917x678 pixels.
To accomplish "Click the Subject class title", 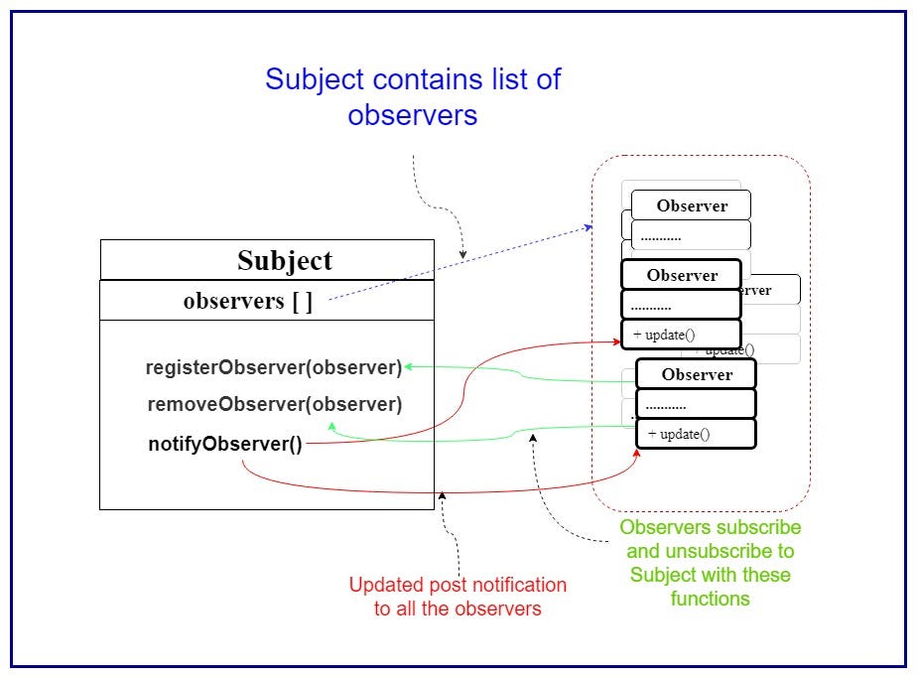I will tap(285, 260).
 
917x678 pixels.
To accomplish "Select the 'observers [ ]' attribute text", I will tap(247, 301).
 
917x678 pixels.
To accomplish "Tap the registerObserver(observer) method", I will tap(274, 367).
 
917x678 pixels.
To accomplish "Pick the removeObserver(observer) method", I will tap(274, 405).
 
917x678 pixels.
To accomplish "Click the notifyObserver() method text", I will tap(225, 444).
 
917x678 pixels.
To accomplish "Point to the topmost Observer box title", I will tap(692, 205).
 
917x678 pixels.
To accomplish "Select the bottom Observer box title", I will tap(697, 374).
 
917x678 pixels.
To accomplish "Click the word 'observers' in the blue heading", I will tap(412, 115).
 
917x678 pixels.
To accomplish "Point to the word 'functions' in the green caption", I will tap(710, 599).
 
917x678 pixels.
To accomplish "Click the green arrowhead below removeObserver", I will tap(331, 426).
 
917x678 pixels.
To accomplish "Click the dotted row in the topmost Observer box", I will tap(661, 237).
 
